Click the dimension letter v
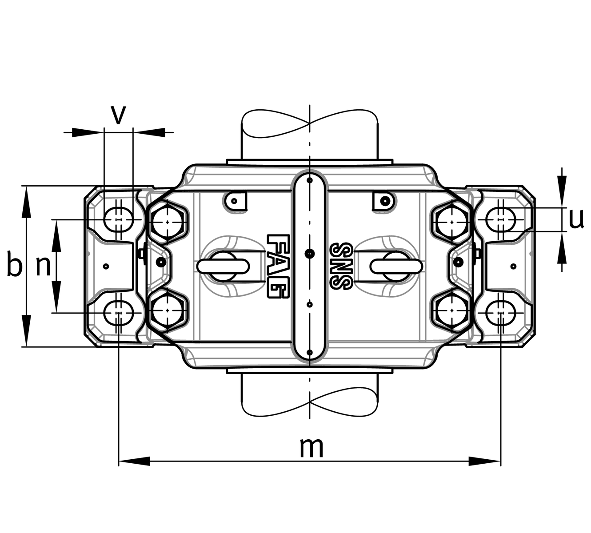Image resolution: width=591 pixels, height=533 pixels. [118, 115]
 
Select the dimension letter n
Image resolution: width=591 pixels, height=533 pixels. [43, 266]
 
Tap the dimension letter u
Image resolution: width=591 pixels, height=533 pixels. [576, 219]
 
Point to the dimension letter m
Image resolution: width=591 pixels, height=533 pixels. [311, 447]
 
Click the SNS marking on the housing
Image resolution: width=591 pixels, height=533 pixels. [341, 266]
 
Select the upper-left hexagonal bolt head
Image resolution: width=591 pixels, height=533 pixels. [168, 221]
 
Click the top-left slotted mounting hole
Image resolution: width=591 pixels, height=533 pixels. [118, 219]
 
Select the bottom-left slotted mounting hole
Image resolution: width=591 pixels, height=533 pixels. [118, 313]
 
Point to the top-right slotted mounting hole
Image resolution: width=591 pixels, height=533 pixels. [501, 219]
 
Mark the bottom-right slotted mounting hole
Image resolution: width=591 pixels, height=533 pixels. [501, 313]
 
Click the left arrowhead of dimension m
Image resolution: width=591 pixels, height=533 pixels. [133, 461]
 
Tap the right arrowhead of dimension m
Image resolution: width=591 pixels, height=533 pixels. [485, 461]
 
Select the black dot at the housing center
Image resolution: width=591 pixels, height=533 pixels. [310, 253]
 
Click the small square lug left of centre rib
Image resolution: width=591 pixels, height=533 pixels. [236, 201]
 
